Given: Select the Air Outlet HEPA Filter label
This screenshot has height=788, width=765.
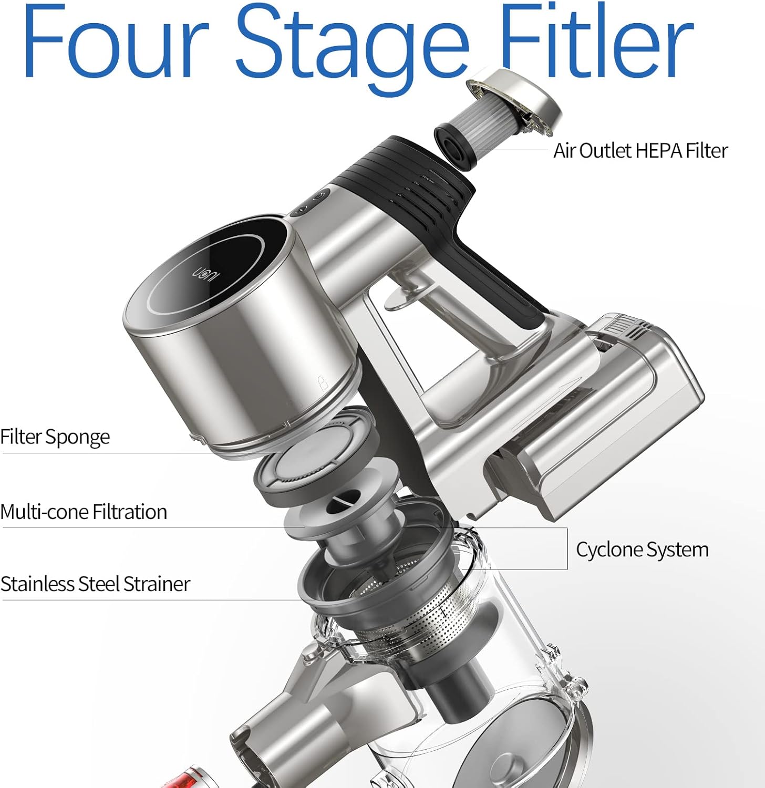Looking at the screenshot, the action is [640, 151].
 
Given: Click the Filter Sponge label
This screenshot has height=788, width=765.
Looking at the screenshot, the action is [55, 437].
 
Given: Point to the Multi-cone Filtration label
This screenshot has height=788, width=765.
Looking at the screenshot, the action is [84, 512].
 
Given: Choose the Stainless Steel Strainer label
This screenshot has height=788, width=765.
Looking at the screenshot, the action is [95, 584].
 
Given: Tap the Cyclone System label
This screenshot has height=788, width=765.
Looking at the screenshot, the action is [642, 550].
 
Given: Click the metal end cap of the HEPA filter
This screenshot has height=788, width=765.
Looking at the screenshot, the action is [515, 100].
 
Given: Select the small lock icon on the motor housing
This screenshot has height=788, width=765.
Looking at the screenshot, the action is [323, 383].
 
